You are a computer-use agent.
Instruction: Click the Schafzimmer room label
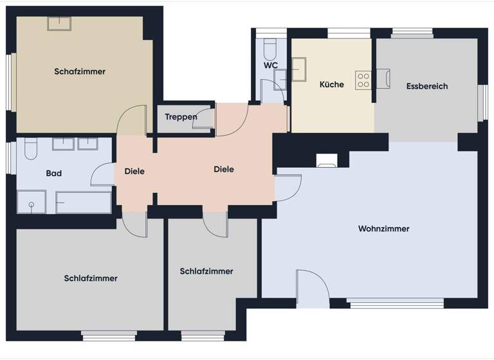click(x=80, y=71)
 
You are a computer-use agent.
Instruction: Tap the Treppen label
click(x=181, y=116)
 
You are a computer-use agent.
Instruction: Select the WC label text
click(x=270, y=66)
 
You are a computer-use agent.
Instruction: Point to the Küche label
click(x=332, y=84)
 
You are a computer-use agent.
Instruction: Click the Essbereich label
click(x=427, y=86)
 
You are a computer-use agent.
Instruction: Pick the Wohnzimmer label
click(x=383, y=229)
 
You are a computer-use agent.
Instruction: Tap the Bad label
click(x=54, y=174)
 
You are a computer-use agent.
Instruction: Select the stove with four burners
click(x=363, y=80)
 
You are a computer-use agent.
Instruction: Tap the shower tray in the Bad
click(x=31, y=201)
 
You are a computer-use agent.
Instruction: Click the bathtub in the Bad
click(x=84, y=203)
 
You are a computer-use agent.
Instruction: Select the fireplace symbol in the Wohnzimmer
click(x=327, y=161)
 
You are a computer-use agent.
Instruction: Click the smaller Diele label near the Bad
click(x=134, y=172)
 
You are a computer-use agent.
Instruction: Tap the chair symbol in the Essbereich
click(x=383, y=78)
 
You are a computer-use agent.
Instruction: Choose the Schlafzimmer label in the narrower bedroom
click(x=206, y=271)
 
